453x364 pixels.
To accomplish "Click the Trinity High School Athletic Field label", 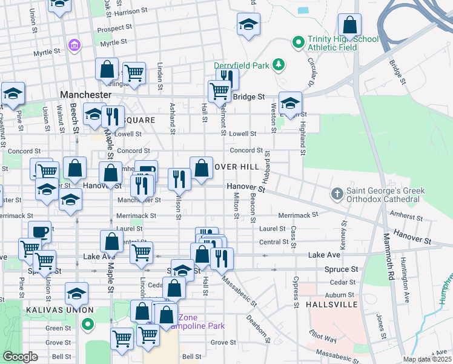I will coord(343,44).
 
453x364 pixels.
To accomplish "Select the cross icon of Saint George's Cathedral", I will coord(337,194).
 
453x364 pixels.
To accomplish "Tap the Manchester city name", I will coord(86,95).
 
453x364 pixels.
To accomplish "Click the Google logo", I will coord(20,357).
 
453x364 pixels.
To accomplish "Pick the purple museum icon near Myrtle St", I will coord(74,45).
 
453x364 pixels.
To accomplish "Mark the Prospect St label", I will coord(116,28).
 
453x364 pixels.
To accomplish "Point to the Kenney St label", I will coord(344,232).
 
